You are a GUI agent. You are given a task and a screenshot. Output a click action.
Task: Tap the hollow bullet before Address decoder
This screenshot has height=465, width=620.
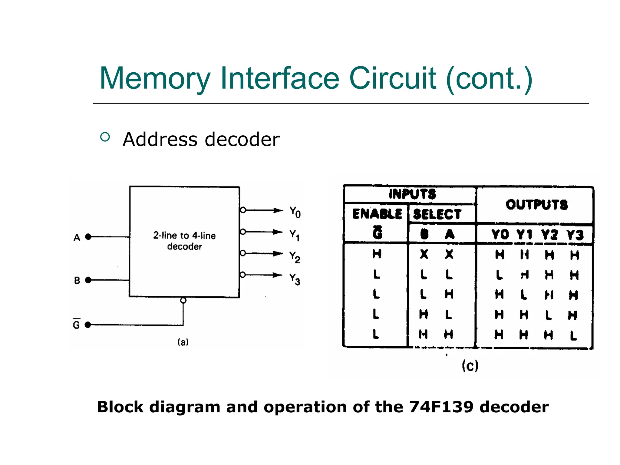[105, 137]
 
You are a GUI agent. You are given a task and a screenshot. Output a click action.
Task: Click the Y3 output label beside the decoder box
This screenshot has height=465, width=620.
[295, 279]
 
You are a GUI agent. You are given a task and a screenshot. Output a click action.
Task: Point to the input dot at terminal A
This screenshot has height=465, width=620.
[88, 237]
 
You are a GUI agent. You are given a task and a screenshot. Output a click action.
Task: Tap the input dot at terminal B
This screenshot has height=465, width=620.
[88, 280]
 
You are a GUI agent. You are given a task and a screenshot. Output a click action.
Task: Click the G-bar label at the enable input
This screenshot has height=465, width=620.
[76, 324]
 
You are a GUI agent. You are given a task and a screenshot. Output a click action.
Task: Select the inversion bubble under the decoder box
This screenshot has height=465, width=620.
[183, 300]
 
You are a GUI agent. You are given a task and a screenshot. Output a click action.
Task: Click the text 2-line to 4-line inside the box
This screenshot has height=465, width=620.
[184, 236]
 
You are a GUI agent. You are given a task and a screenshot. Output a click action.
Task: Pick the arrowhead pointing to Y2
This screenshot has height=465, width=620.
[278, 253]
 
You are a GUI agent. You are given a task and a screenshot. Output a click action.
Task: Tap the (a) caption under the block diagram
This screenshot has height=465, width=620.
[183, 342]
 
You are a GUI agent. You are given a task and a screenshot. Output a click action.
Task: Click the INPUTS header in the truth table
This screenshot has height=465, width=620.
[412, 194]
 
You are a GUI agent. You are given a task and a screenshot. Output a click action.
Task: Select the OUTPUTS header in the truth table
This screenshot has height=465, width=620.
[536, 205]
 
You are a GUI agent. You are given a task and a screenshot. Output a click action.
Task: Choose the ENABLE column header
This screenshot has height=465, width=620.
[377, 214]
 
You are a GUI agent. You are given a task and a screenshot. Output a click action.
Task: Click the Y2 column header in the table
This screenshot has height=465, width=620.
[549, 234]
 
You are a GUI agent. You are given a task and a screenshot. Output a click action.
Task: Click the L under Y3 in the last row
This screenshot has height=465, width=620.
[573, 335]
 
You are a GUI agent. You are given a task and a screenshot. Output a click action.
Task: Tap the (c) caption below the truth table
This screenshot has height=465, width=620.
[470, 366]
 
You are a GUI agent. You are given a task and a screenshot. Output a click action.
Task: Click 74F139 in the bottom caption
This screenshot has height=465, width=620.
[441, 407]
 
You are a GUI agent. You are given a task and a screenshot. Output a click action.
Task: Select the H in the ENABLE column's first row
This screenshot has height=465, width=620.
[377, 254]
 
